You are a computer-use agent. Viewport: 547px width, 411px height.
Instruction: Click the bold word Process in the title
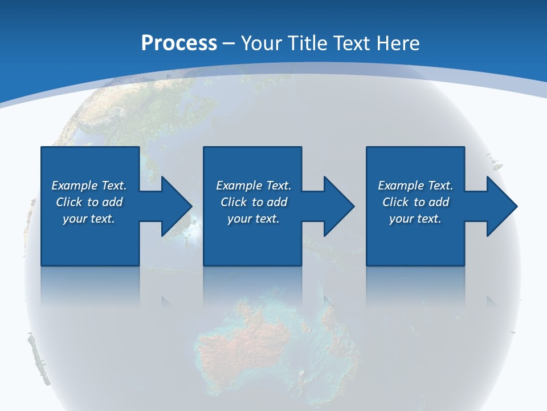[179, 43]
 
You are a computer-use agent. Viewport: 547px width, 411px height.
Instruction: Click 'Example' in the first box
[74, 186]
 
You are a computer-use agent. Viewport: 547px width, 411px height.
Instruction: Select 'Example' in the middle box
[239, 186]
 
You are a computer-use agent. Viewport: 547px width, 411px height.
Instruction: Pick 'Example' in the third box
[401, 186]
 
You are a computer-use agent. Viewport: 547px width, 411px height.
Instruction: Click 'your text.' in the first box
[89, 219]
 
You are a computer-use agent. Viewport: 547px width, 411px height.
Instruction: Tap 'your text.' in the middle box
[254, 219]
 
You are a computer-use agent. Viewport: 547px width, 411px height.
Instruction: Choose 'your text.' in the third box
[415, 219]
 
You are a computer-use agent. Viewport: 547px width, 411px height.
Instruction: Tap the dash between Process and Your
[229, 43]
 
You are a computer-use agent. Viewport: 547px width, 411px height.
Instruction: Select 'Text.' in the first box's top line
[114, 186]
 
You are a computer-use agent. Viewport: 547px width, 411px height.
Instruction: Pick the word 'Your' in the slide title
[260, 43]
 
